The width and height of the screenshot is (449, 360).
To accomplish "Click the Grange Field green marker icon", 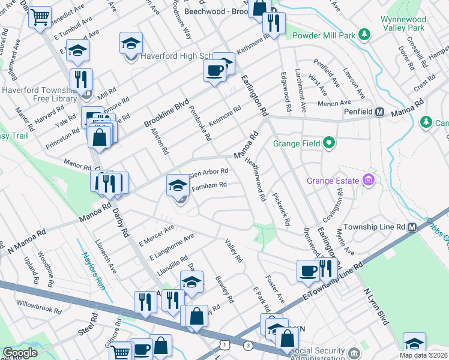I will click(328, 143).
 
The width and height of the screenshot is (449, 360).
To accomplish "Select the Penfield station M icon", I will click(379, 112).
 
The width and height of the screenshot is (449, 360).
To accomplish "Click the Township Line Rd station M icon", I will click(412, 227).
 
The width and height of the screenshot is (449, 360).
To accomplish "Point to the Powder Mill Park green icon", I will click(364, 34).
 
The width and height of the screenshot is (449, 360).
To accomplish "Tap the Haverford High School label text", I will click(173, 57).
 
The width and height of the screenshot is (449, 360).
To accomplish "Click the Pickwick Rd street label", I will click(282, 209).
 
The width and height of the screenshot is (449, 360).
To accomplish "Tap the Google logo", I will click(20, 353).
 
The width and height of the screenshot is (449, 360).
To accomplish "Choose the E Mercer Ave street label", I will click(156, 236).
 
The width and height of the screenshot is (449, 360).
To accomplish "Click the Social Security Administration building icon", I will click(354, 351).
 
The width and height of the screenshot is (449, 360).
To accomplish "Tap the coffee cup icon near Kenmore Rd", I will click(214, 71).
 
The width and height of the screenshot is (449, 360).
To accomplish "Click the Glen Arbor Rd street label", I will click(208, 172).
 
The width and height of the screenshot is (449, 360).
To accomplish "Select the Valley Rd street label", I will click(233, 251).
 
